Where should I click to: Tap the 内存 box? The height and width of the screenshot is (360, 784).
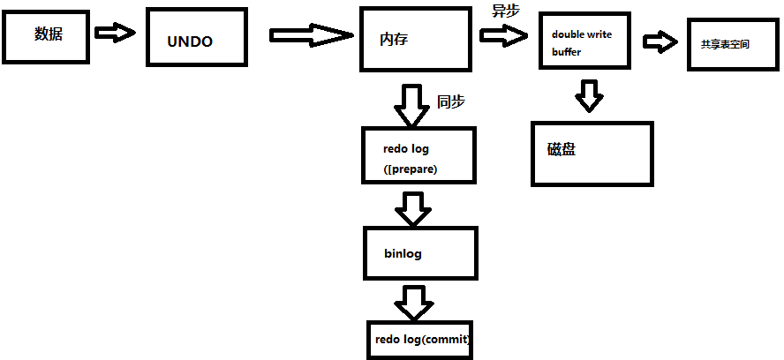pyautogui.click(x=413, y=38)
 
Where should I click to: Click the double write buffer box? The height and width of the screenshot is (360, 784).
pyautogui.click(x=587, y=42)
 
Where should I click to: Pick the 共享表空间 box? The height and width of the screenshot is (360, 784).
pyautogui.click(x=726, y=43)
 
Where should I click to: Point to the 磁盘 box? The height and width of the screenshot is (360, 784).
pyautogui.click(x=592, y=154)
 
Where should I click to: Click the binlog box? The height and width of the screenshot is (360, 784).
pyautogui.click(x=420, y=253)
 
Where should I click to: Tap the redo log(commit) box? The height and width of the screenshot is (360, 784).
pyautogui.click(x=421, y=339)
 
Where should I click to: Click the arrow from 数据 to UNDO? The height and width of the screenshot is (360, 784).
pyautogui.click(x=114, y=33)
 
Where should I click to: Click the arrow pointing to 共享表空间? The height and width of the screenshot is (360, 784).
pyautogui.click(x=660, y=41)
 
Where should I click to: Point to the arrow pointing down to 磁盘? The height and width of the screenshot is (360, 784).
pyautogui.click(x=588, y=95)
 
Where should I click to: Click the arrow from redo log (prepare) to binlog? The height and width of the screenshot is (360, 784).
pyautogui.click(x=413, y=208)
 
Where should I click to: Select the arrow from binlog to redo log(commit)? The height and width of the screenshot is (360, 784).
pyautogui.click(x=413, y=303)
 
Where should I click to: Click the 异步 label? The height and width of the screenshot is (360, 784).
pyautogui.click(x=506, y=11)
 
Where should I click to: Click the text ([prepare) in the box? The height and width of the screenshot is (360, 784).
pyautogui.click(x=412, y=169)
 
